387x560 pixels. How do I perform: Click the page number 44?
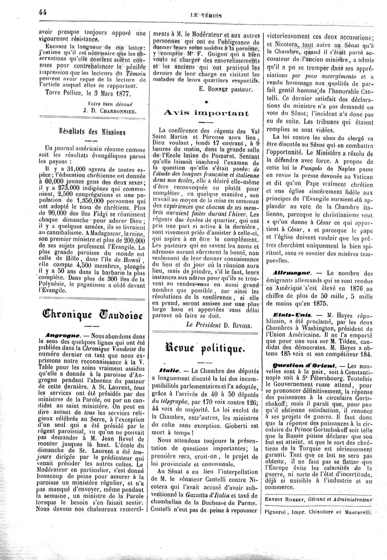tap(42, 12)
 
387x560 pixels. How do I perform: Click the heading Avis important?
tap(206, 113)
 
